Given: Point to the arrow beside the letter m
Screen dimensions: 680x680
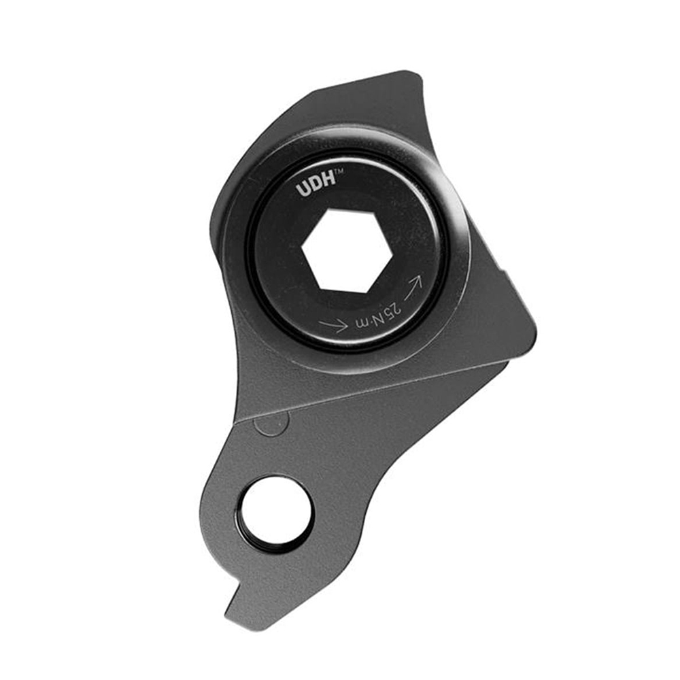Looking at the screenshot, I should click(x=333, y=325).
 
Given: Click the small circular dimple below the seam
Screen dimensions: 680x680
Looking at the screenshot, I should click(x=270, y=425).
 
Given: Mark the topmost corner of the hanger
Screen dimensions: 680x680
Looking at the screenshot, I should click(x=408, y=72).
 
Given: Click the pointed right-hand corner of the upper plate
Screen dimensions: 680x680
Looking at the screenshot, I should click(x=534, y=333).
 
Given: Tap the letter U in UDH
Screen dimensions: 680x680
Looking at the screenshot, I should click(x=302, y=190).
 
